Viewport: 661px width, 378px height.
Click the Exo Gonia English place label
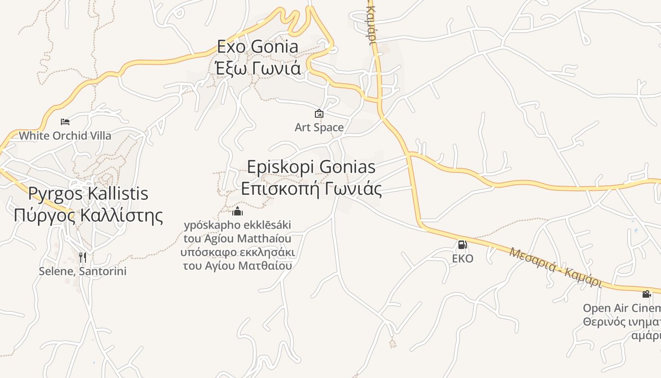[258, 47]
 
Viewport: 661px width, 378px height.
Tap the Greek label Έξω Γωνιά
[258, 69]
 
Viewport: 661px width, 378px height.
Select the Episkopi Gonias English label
[312, 167]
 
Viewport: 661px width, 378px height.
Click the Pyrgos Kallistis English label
[88, 193]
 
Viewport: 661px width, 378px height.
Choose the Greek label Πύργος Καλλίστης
[88, 215]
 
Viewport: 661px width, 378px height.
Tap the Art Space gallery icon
[319, 113]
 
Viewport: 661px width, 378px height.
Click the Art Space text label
[319, 128]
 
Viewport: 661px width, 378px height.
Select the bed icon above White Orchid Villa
[65, 122]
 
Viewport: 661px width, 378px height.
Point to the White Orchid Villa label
[65, 136]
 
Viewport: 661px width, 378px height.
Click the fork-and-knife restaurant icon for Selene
[83, 257]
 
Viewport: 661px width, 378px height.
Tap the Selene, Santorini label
[83, 272]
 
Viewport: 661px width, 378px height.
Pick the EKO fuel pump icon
[462, 245]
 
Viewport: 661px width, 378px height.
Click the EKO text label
[462, 259]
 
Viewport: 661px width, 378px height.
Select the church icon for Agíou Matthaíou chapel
[237, 211]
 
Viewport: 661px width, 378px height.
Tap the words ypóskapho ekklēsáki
[237, 224]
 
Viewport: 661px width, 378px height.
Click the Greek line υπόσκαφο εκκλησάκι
[237, 252]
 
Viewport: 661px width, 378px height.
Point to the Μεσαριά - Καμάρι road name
[556, 267]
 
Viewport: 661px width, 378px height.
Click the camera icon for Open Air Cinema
[646, 294]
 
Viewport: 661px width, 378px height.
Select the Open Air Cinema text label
[621, 309]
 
